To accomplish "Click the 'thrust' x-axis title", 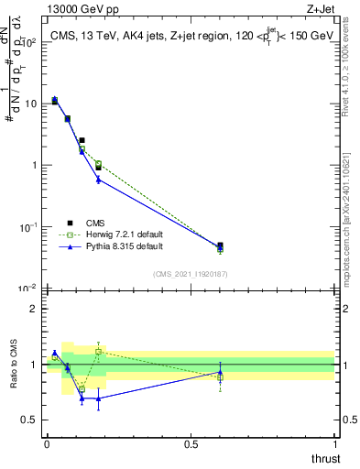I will click(325, 458).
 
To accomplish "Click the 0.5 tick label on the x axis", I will click(191, 444).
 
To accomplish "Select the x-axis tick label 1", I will click(336, 444).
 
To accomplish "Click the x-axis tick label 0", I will click(47, 444).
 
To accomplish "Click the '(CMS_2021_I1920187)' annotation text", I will click(190, 273).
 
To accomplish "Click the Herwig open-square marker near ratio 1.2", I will click(98, 351).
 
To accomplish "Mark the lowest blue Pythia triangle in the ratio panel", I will click(98, 398).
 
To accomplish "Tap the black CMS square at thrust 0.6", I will click(220, 245).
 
